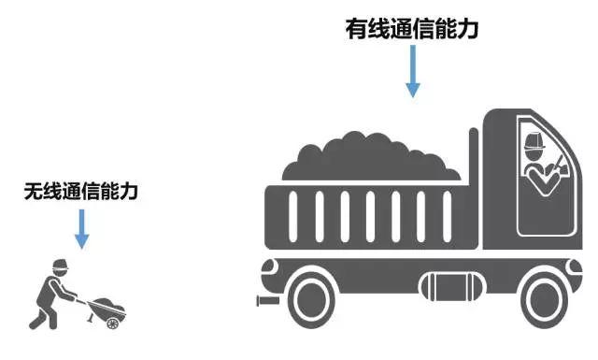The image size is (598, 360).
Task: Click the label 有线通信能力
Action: pos(412,29)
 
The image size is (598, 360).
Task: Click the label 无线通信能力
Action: pos(81,193)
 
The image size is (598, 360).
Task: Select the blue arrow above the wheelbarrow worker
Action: pos(81,229)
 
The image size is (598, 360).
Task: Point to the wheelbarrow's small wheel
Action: pos(113,322)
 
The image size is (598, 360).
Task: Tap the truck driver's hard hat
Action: pos(534,142)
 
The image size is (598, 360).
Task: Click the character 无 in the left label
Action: pos(33,193)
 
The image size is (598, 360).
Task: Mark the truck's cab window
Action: pos(542,173)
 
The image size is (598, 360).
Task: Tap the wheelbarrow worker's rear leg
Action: pos(38,314)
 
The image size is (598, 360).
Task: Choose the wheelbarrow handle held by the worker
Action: pos(82,302)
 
